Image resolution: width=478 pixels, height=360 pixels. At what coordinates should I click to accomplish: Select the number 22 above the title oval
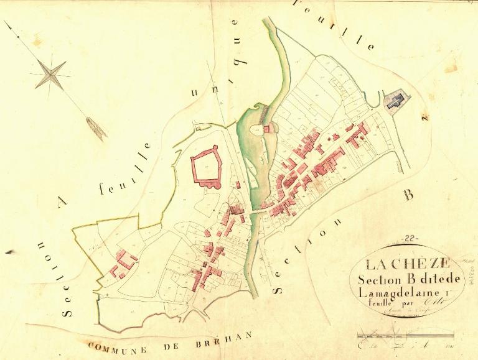point(410,239)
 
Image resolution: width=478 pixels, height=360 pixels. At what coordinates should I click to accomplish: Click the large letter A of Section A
point(61,201)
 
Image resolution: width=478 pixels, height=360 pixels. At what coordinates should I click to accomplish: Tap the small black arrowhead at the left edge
point(9,252)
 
